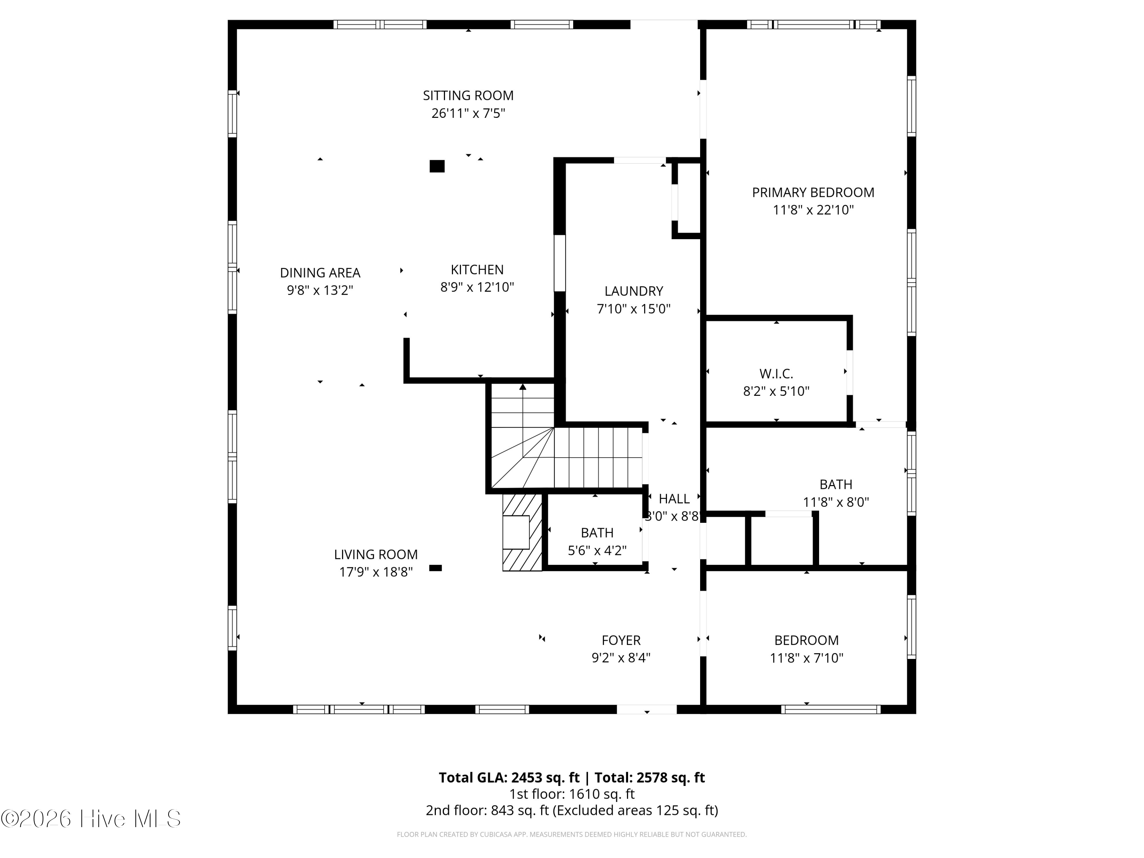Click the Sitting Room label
coord(468,96)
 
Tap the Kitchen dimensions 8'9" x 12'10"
coord(477,287)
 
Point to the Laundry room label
coord(633,291)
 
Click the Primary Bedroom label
coord(813,193)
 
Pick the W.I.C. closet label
coord(776,373)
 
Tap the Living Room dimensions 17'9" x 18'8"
coord(376,572)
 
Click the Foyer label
coord(620,640)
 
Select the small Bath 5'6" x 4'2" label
coord(597,533)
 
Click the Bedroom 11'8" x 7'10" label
coord(806,640)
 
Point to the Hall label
coord(674,498)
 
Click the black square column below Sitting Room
coord(437,166)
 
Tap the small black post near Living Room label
coord(435,568)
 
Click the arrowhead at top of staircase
coord(523,386)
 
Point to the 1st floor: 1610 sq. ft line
coord(572,794)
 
